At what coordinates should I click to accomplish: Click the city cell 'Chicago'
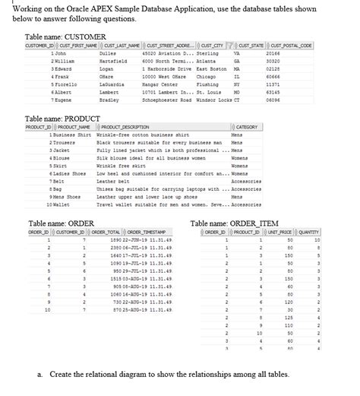[x=207, y=76]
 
